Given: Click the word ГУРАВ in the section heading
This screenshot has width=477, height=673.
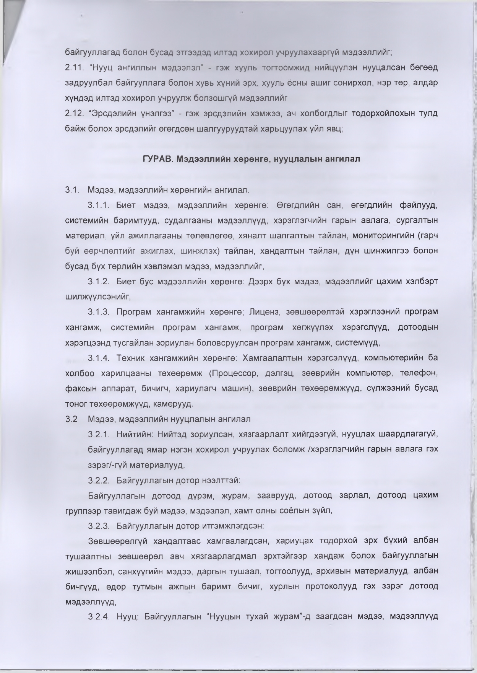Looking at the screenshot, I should pyautogui.click(x=156, y=159).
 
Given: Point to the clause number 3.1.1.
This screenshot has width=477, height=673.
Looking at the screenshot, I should pyautogui.click(x=99, y=205).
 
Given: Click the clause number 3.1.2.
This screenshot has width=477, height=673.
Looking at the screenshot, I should pyautogui.click(x=99, y=282).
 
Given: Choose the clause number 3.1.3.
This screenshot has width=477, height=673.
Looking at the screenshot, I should pyautogui.click(x=99, y=312).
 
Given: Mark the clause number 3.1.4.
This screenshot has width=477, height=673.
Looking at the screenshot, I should pyautogui.click(x=99, y=358).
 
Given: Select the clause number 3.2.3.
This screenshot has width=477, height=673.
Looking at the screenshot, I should pyautogui.click(x=99, y=526).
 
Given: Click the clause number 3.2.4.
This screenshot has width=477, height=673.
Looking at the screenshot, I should pyautogui.click(x=99, y=618).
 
